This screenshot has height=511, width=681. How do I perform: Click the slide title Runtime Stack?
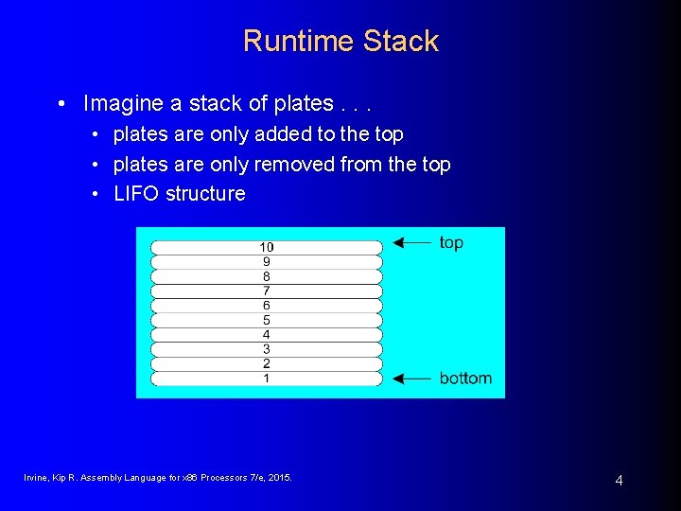click(x=340, y=41)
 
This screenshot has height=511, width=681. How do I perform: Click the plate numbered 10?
click(x=266, y=247)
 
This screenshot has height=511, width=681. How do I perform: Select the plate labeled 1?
click(x=266, y=379)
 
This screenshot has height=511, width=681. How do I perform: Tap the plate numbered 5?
click(x=266, y=320)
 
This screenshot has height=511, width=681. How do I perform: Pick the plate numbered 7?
click(x=266, y=291)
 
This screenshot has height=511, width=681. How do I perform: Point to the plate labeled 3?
click(x=266, y=349)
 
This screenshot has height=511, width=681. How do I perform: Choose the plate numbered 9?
click(x=266, y=261)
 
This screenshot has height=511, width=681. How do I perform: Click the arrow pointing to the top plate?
click(x=411, y=243)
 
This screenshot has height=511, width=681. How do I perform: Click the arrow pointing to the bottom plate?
click(x=411, y=379)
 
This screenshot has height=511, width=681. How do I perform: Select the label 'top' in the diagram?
click(x=451, y=242)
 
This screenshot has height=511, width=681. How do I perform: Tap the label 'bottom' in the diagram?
click(x=465, y=379)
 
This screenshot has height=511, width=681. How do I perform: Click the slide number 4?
click(x=619, y=481)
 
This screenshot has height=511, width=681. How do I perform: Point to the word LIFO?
click(x=137, y=194)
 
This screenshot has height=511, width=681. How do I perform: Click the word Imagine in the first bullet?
click(x=121, y=103)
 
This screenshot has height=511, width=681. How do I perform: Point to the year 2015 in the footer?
click(x=279, y=478)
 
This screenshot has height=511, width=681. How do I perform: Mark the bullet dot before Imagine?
click(x=61, y=103)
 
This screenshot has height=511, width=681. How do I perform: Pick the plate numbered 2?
click(x=266, y=364)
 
